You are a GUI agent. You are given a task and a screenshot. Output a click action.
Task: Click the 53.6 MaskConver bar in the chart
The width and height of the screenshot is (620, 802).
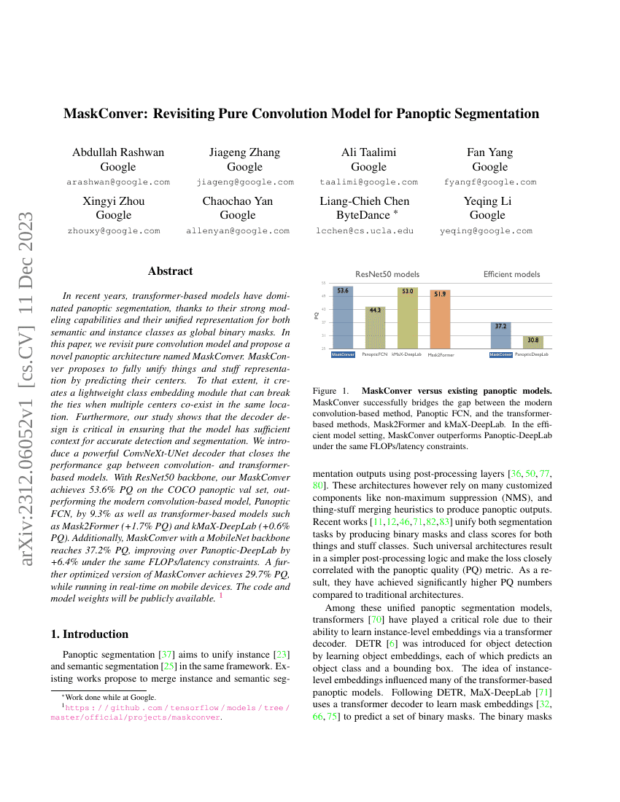pyautogui.click(x=343, y=318)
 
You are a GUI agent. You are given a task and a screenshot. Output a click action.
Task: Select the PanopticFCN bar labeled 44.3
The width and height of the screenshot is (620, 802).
pyautogui.click(x=374, y=328)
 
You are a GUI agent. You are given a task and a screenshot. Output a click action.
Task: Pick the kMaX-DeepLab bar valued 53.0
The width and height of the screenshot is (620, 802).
pyautogui.click(x=407, y=319)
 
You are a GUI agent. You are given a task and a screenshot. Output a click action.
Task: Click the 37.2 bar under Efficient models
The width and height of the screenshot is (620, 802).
pyautogui.click(x=500, y=335)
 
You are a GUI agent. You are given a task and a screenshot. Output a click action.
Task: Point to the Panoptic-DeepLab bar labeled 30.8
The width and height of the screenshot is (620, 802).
pyautogui.click(x=532, y=342)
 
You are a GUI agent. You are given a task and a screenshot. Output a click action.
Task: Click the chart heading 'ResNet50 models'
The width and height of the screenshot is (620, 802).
pyautogui.click(x=387, y=274)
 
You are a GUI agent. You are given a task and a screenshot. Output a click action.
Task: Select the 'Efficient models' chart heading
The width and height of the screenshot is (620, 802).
pyautogui.click(x=511, y=274)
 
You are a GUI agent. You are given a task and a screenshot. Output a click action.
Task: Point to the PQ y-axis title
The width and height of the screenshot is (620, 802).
pyautogui.click(x=317, y=316)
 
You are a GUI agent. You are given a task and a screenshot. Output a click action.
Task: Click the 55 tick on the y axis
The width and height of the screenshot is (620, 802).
pyautogui.click(x=323, y=283)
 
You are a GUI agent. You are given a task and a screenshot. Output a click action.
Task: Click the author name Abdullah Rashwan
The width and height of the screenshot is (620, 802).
pyautogui.click(x=118, y=152)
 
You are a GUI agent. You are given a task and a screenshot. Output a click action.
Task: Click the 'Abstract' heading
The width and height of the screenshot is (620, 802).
pyautogui.click(x=170, y=271)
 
